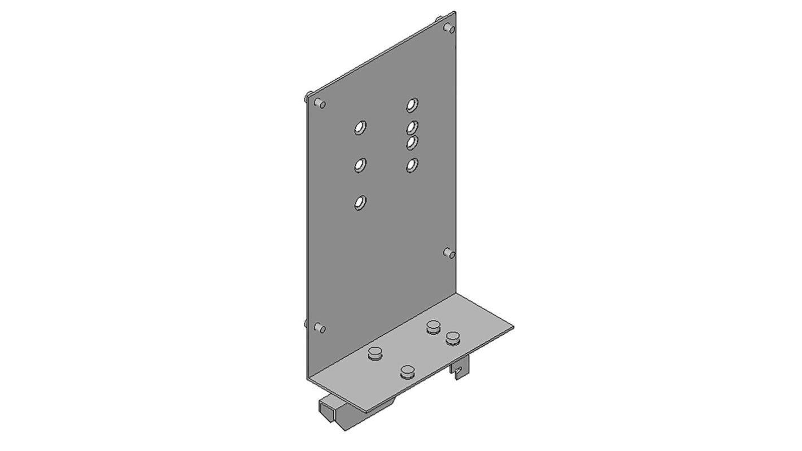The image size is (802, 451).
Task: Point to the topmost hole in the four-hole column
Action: click(x=412, y=105)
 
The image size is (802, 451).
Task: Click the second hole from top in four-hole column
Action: click(x=412, y=128)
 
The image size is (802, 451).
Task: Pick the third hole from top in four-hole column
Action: click(x=412, y=142)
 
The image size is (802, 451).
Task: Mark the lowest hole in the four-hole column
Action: click(x=412, y=165)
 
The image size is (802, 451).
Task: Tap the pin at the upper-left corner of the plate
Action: click(x=320, y=103)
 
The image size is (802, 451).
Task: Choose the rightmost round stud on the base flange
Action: click(x=452, y=338)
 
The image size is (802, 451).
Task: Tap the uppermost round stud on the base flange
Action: click(x=433, y=327)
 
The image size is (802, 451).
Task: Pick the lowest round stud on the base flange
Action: click(x=407, y=372)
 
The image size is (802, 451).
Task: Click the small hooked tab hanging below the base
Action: click(x=461, y=368)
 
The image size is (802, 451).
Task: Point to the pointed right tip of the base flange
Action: click(x=512, y=327)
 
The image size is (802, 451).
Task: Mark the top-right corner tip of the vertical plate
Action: click(x=455, y=12)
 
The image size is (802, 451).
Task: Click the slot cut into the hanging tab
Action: click(x=460, y=371)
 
